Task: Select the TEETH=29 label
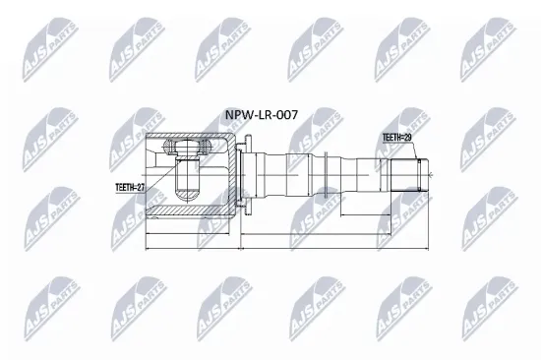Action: coord(396,139)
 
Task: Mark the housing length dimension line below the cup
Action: coord(192,237)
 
